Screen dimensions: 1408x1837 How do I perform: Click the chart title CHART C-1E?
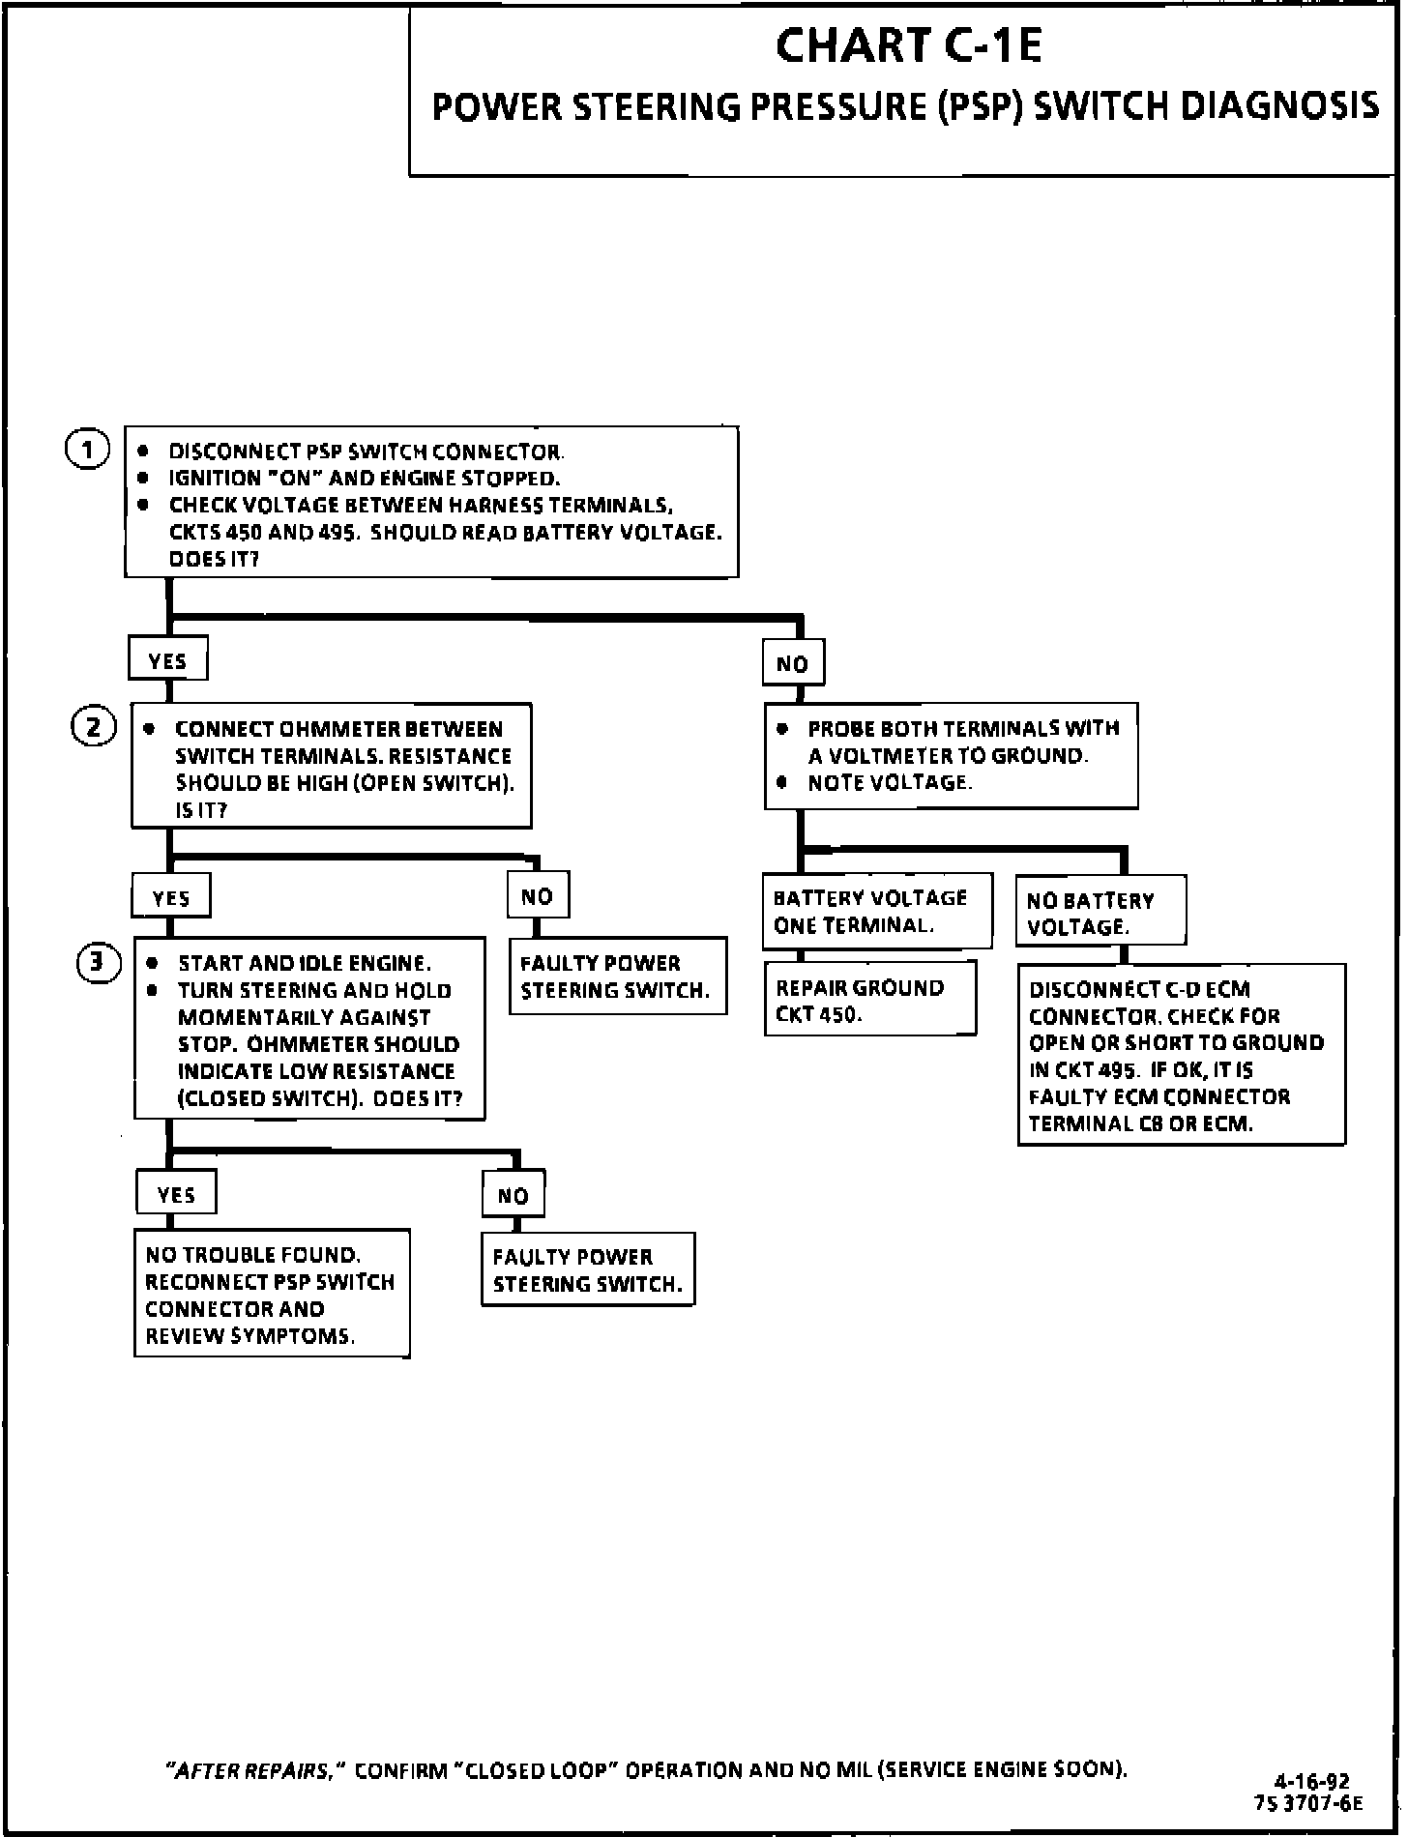click(908, 45)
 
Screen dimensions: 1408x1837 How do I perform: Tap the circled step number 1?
click(87, 450)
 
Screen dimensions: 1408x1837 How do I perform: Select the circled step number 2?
click(94, 726)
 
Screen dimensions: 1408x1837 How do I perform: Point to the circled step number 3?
click(99, 962)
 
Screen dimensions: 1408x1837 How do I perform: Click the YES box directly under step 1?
click(168, 660)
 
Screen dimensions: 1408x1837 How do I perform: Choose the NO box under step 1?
click(793, 663)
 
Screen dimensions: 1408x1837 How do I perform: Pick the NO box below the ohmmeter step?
click(538, 895)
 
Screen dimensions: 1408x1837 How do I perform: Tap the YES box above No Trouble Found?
click(176, 1193)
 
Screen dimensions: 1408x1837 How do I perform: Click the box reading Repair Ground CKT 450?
click(870, 998)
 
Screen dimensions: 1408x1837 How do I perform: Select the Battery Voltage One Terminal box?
click(878, 910)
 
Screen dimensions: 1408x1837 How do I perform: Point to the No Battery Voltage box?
click(1100, 911)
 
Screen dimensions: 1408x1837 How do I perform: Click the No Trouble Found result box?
click(272, 1294)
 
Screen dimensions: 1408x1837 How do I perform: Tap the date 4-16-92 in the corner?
click(1312, 1781)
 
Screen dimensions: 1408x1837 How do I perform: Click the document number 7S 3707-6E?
click(1308, 1802)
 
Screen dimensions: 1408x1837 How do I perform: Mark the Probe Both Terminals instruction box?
click(951, 755)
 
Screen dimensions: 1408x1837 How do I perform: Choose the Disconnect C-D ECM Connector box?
click(1182, 1055)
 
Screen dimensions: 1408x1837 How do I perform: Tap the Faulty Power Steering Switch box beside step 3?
click(618, 976)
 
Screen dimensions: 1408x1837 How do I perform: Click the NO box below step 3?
click(513, 1195)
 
